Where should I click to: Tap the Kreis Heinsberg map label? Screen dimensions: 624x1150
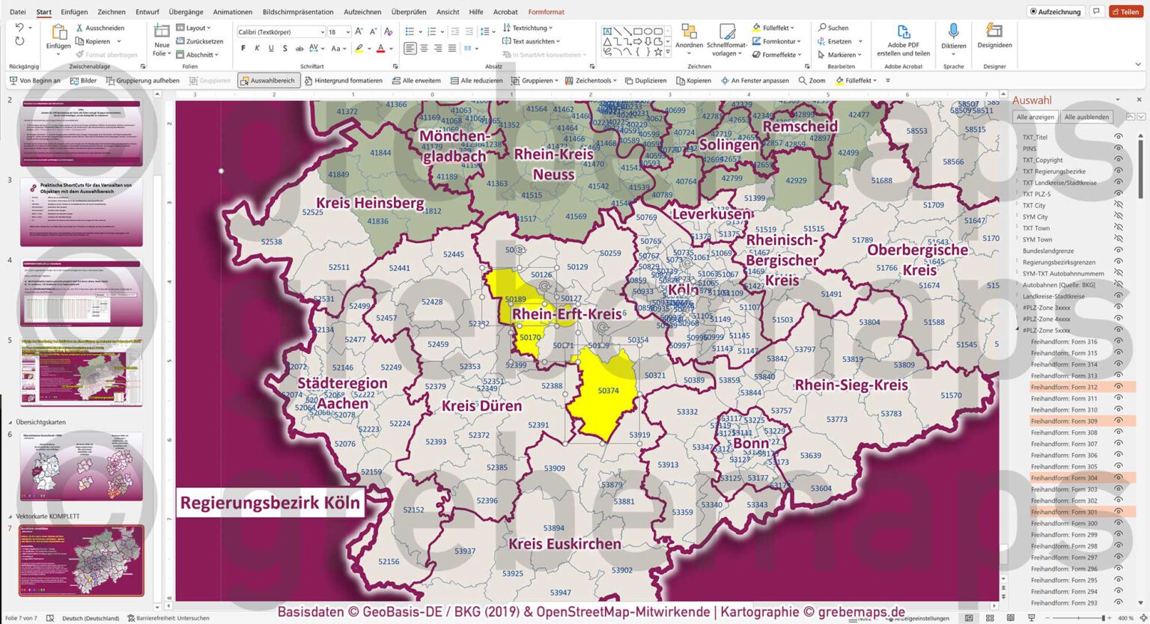tap(369, 203)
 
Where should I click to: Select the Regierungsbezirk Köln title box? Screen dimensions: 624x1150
tap(270, 502)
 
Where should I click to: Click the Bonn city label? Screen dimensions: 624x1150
tap(751, 443)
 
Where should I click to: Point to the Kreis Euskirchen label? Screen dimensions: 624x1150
tap(565, 544)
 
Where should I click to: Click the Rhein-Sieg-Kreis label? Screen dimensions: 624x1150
tap(851, 385)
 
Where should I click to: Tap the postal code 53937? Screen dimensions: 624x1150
tap(464, 551)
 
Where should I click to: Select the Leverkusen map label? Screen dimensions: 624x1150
tap(711, 214)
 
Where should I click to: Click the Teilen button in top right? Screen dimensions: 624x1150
tap(1125, 11)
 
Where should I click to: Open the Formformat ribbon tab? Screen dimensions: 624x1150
tap(546, 12)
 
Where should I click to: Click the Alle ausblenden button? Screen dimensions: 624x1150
tap(1086, 117)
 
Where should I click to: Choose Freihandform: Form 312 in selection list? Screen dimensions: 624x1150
tap(1063, 388)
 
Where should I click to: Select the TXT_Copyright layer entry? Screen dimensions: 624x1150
tap(1042, 160)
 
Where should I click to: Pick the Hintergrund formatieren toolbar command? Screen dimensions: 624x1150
tap(343, 81)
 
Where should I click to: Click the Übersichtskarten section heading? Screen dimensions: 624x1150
tap(40, 422)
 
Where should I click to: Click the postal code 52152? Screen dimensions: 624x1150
tap(413, 510)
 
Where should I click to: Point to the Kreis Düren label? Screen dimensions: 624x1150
tap(481, 406)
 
